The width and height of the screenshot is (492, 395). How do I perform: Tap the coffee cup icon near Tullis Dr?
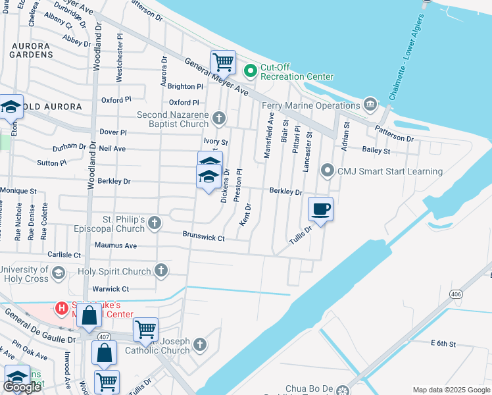[320, 209]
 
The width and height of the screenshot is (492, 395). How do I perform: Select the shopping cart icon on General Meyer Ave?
[223, 62]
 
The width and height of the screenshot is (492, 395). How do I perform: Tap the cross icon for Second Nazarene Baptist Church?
[219, 119]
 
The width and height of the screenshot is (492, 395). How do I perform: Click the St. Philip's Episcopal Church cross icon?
[154, 223]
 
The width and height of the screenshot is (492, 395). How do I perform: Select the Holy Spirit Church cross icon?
[160, 271]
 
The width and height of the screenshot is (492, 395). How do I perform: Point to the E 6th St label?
[443, 343]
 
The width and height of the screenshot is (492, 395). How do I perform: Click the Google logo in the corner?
[22, 387]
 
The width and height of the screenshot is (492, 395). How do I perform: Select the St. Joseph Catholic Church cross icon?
[200, 345]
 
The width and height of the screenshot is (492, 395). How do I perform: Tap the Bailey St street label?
[376, 151]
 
